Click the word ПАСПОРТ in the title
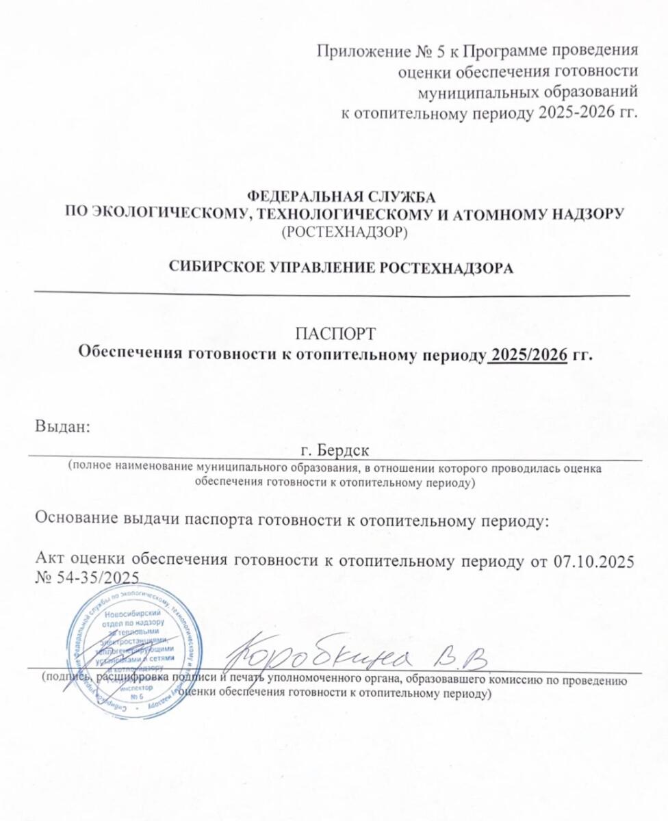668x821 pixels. click(x=334, y=335)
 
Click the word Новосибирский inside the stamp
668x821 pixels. click(x=138, y=614)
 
